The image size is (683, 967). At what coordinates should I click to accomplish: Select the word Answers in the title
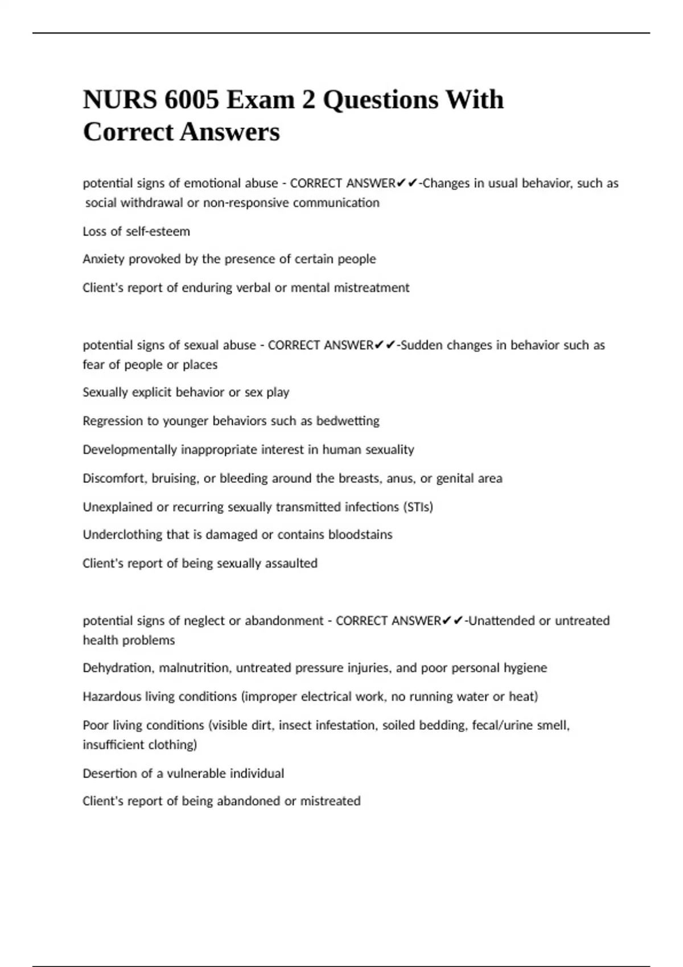[x=230, y=133]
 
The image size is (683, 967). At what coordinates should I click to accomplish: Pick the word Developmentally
[x=130, y=450]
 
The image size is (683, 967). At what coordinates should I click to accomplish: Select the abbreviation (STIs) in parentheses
[x=418, y=507]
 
